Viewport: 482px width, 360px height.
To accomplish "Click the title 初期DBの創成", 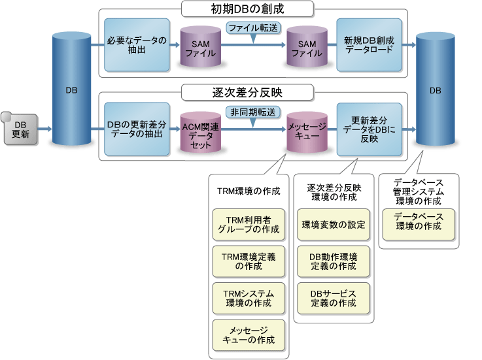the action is tap(247, 9).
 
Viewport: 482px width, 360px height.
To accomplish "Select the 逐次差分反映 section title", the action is tap(247, 93).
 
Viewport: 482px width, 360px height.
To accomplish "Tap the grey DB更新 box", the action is tap(20, 129).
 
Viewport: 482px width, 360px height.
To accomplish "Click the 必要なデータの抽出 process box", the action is tap(137, 45).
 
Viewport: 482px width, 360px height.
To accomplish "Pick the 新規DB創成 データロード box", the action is tap(370, 45).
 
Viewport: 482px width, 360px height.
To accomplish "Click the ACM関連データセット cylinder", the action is tap(200, 133).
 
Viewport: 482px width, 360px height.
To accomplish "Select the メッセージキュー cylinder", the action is tap(307, 133).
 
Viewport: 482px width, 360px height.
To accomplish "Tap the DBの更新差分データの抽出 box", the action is tap(137, 129).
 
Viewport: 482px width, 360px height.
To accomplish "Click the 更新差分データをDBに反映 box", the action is tap(370, 129).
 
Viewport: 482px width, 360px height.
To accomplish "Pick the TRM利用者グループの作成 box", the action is tap(249, 225).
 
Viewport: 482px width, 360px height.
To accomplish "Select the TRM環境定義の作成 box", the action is tap(249, 261).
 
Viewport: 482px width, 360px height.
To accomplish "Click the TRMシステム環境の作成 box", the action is tap(249, 299).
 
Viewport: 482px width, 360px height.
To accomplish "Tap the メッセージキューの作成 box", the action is tap(249, 335).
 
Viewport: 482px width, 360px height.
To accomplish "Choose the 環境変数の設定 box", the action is tap(334, 225).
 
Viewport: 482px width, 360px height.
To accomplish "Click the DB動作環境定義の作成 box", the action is tap(334, 261).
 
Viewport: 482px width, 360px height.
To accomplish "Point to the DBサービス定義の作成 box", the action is tap(334, 299).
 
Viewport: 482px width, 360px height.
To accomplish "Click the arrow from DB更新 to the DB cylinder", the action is tap(45, 129).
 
